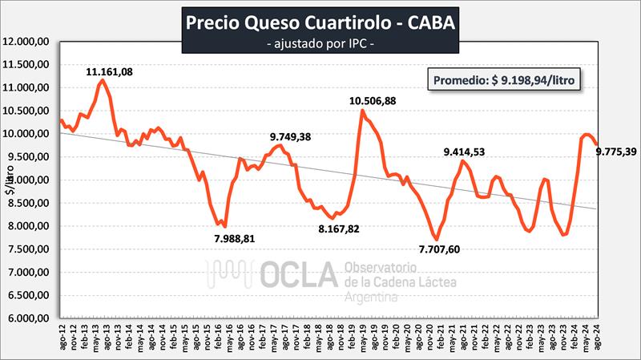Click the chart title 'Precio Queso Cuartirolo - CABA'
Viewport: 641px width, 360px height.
(320, 22)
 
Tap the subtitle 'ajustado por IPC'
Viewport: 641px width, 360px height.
(320, 42)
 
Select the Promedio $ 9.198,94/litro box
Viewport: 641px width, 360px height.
(506, 80)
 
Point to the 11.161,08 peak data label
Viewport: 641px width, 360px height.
(110, 72)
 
